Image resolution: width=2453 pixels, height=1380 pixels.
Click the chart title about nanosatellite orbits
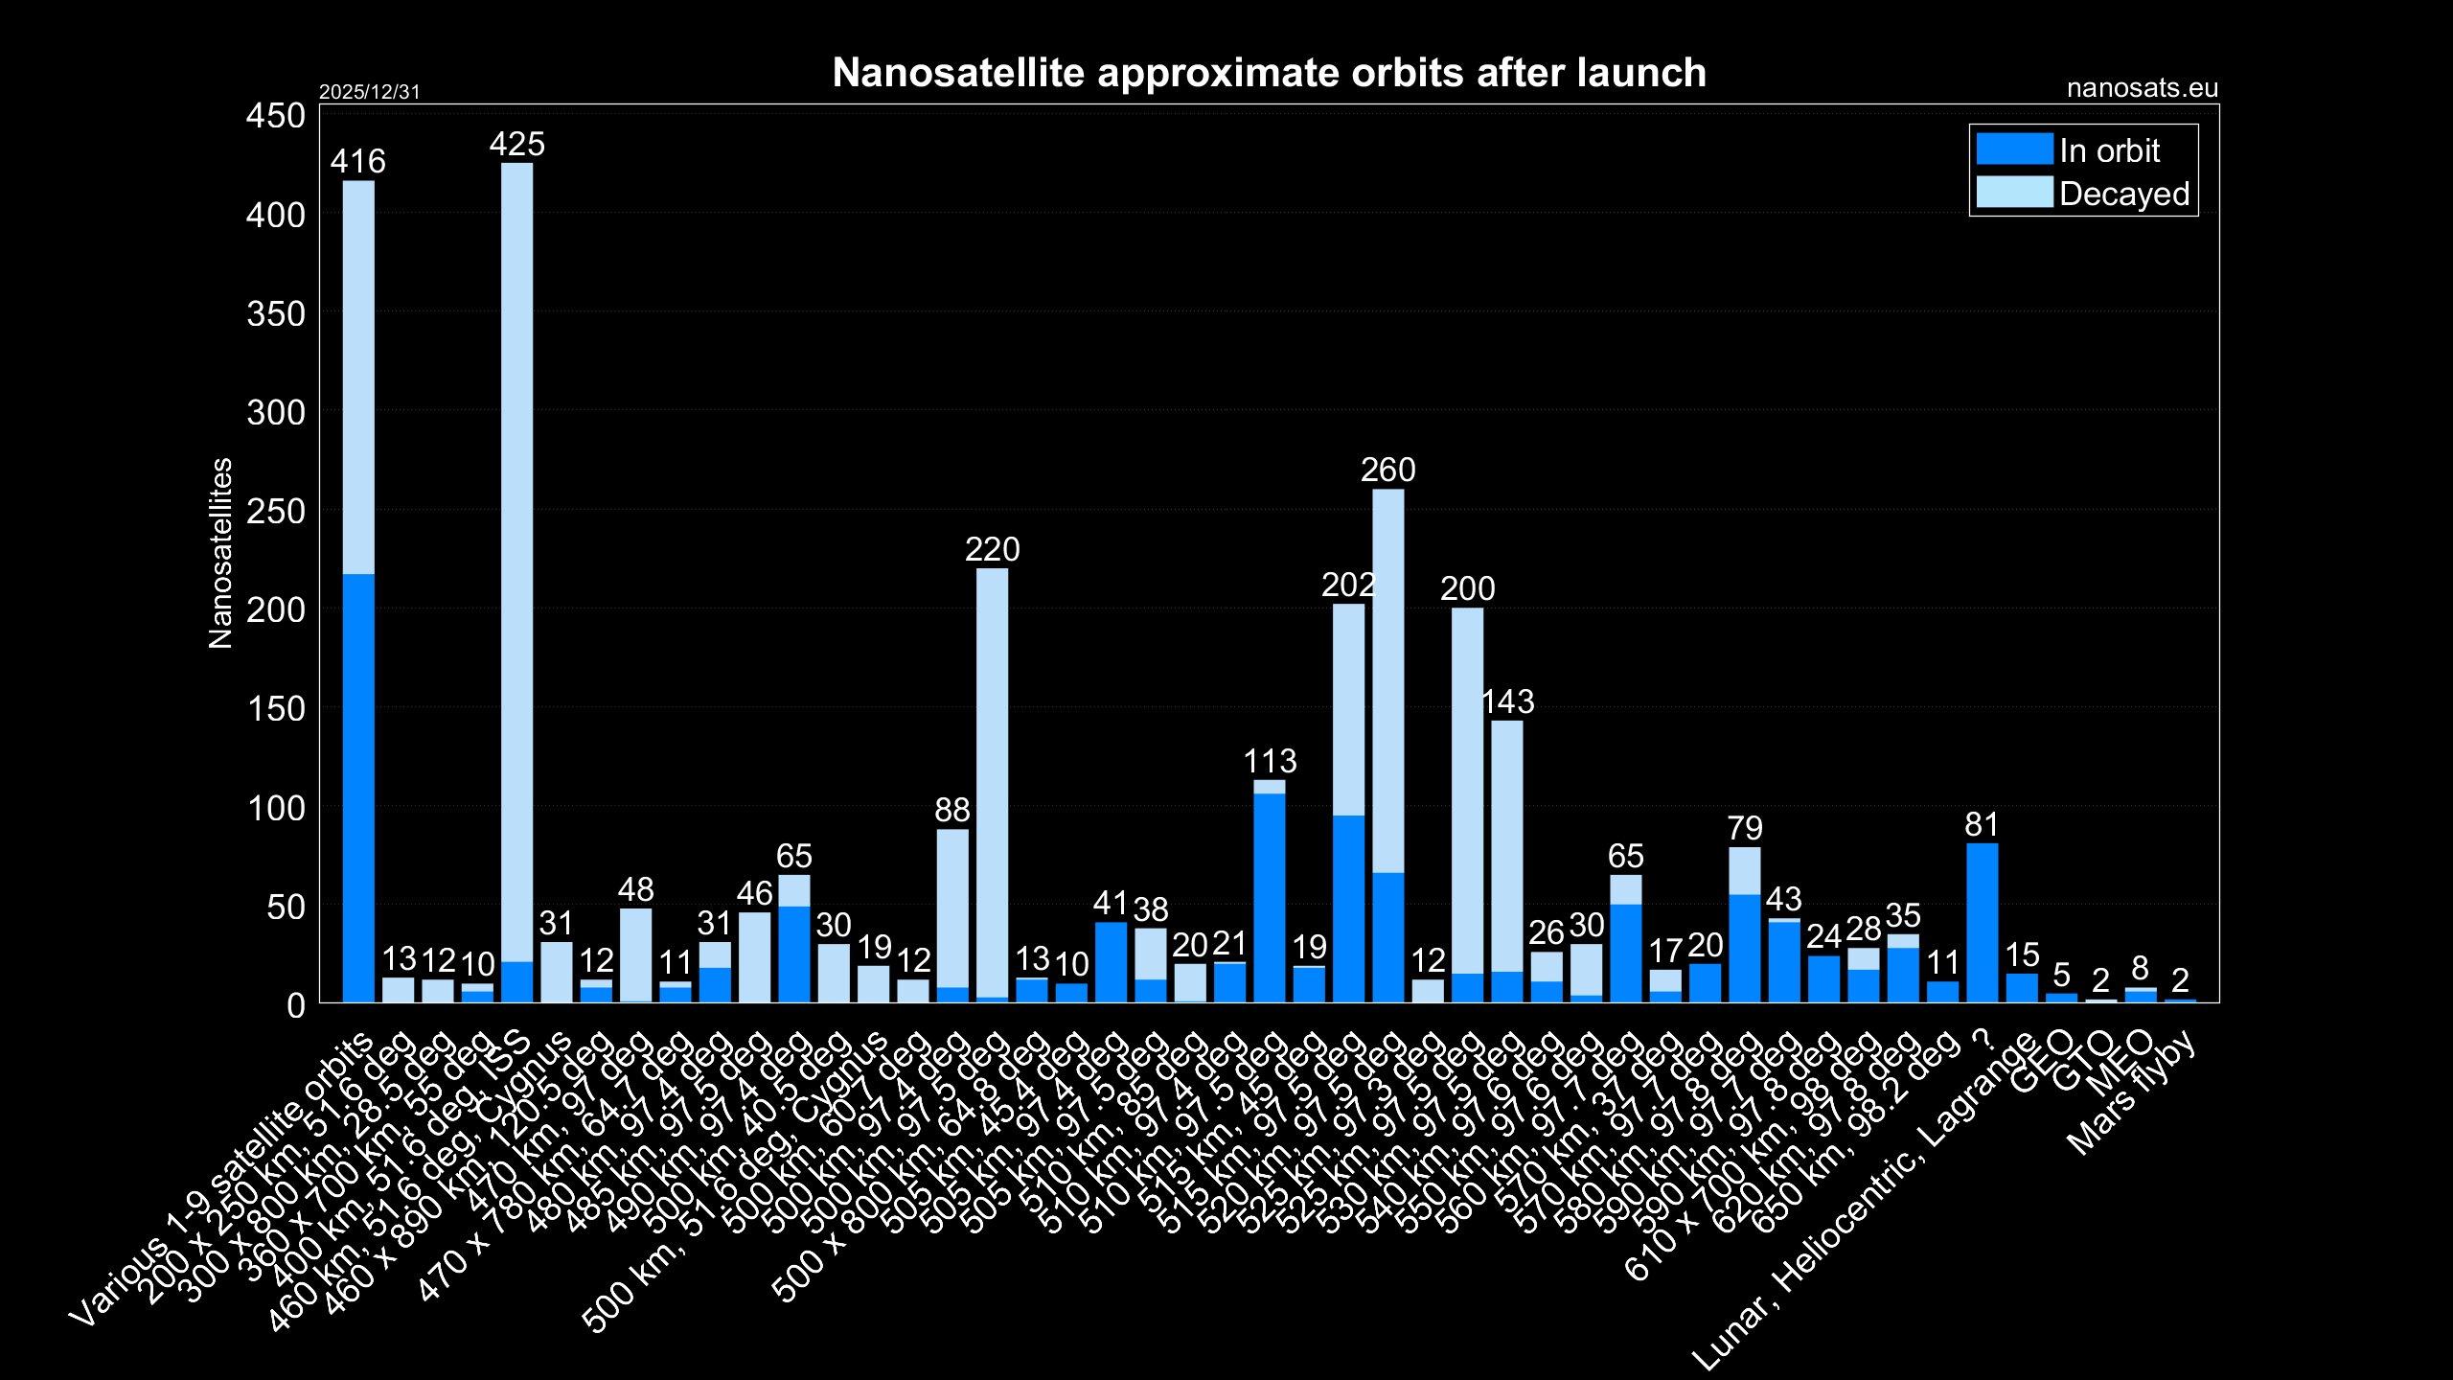pyautogui.click(x=1269, y=73)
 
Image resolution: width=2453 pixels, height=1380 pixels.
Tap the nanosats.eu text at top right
pyautogui.click(x=2142, y=88)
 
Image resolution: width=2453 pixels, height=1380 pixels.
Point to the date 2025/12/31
pyautogui.click(x=369, y=92)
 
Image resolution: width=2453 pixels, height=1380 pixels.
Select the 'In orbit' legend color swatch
pyautogui.click(x=2014, y=149)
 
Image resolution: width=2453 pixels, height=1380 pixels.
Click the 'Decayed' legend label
pyautogui.click(x=2123, y=194)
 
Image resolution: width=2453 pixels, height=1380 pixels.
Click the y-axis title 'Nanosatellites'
pyautogui.click(x=220, y=553)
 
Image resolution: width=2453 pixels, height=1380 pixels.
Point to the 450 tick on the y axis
pyautogui.click(x=276, y=116)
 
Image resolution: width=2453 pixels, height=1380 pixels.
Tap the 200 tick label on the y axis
pyautogui.click(x=276, y=609)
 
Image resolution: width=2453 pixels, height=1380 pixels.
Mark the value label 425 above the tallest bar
pyautogui.click(x=516, y=145)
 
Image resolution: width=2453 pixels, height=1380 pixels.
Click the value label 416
pyautogui.click(x=357, y=162)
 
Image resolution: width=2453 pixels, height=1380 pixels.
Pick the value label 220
pyautogui.click(x=992, y=550)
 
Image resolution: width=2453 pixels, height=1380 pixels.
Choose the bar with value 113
pyautogui.click(x=1270, y=891)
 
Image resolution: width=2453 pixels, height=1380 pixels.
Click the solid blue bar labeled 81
pyautogui.click(x=1982, y=923)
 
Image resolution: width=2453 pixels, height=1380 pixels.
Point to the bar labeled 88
pyautogui.click(x=952, y=915)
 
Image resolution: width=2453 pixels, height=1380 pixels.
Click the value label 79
pyautogui.click(x=1744, y=828)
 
